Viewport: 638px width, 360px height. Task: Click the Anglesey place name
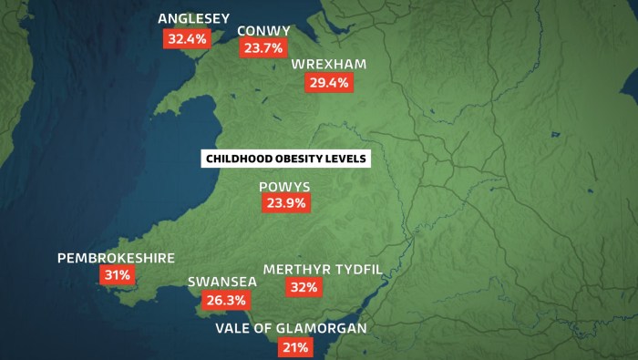[x=194, y=18]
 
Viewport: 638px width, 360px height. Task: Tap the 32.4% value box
[x=187, y=38]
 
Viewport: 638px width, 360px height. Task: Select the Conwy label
[x=264, y=31]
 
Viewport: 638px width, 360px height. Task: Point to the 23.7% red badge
[x=263, y=49]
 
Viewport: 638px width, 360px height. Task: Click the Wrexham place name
[x=329, y=65]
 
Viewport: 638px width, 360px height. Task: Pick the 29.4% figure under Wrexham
[x=328, y=82]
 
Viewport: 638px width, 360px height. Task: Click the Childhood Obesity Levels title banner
[x=286, y=159]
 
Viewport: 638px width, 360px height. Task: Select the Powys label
[x=284, y=187]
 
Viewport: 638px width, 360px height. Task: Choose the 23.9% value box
[x=284, y=204]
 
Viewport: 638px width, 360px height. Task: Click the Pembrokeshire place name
[x=116, y=258]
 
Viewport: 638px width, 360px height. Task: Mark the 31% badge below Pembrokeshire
[x=117, y=274]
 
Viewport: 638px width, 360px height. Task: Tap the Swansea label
[x=222, y=283]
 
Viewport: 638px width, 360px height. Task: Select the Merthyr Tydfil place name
[x=323, y=270]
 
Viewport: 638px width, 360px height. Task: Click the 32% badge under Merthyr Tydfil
[x=304, y=288]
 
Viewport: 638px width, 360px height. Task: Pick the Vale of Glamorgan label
[x=291, y=328]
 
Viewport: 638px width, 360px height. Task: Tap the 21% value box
[x=295, y=347]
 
